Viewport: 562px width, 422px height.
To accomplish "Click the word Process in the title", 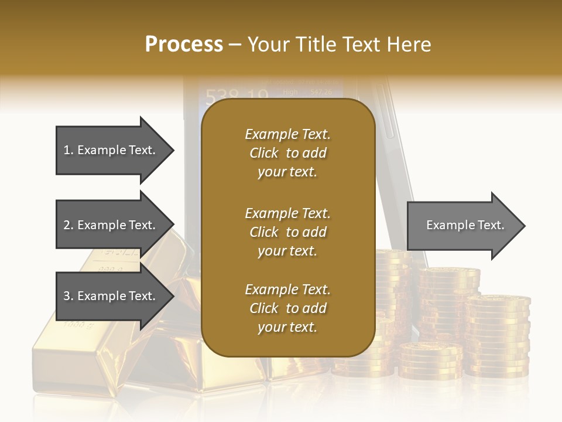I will click(184, 45).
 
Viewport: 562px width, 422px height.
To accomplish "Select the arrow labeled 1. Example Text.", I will click(111, 150).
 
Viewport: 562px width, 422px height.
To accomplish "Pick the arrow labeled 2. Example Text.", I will click(111, 225).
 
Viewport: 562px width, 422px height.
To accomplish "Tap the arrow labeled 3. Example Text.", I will click(111, 296).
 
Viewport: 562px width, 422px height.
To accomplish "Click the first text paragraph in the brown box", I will click(287, 153).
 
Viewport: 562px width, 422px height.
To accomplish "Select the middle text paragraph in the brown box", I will click(287, 232).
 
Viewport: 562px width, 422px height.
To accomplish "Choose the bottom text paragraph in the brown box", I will click(287, 308).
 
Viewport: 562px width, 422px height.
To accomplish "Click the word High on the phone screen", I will click(290, 92).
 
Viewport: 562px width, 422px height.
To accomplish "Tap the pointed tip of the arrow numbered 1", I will click(173, 150).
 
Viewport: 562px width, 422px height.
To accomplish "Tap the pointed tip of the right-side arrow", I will click(524, 226).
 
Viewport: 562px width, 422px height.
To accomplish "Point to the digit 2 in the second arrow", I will click(67, 225).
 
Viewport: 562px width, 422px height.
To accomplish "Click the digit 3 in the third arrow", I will click(67, 296).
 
